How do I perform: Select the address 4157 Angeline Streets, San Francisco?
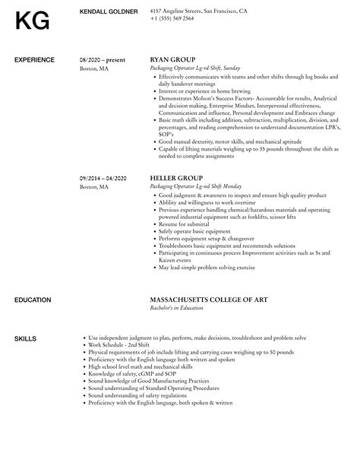[198, 11]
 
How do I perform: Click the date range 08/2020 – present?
[104, 59]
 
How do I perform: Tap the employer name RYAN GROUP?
[173, 59]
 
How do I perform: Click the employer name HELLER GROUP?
[177, 177]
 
